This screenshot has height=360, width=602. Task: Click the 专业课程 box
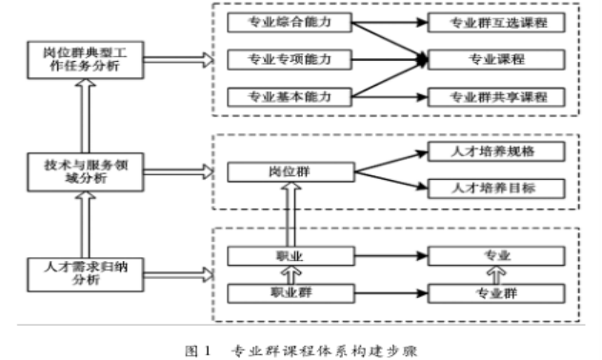pyautogui.click(x=498, y=59)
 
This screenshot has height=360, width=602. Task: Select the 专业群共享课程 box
pyautogui.click(x=498, y=97)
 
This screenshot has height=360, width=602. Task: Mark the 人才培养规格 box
pyautogui.click(x=498, y=152)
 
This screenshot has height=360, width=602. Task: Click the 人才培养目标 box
pyautogui.click(x=498, y=188)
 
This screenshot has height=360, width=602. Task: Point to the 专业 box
pyautogui.click(x=498, y=255)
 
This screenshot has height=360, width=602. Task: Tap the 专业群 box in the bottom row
pyautogui.click(x=498, y=294)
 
